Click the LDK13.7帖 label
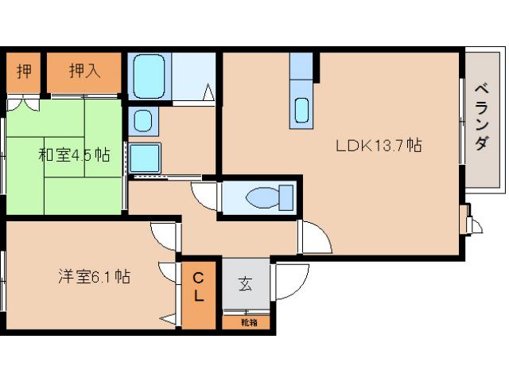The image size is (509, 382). point(379,146)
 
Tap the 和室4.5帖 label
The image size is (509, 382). point(73,154)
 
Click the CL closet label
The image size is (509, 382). point(199,286)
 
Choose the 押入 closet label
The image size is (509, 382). point(84,71)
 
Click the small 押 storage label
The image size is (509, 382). point(24,71)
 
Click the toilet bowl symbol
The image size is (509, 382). point(262,197)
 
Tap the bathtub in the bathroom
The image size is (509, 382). point(148,76)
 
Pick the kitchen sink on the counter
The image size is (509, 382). point(302,110)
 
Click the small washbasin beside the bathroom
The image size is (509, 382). point(142,121)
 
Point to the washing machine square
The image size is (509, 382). point(145,158)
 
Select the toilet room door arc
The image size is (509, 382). point(204,193)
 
